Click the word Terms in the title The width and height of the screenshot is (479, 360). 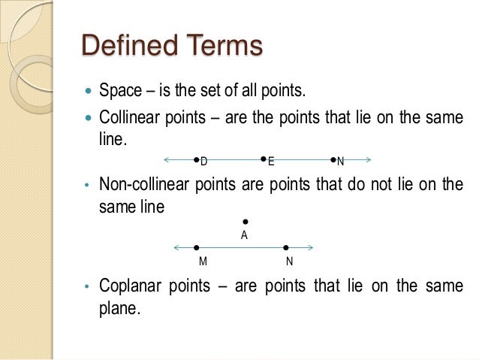(x=222, y=46)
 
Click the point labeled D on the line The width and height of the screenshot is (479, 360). (x=196, y=160)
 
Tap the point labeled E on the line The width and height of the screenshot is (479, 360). (x=264, y=159)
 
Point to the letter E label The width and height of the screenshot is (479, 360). (x=271, y=162)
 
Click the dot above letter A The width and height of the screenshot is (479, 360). (x=246, y=222)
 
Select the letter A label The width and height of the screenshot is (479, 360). (x=244, y=235)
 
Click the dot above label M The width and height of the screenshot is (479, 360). (x=196, y=247)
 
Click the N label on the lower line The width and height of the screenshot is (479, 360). (x=289, y=262)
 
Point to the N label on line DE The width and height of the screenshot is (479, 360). (x=340, y=162)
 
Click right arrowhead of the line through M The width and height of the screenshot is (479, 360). (x=309, y=247)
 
